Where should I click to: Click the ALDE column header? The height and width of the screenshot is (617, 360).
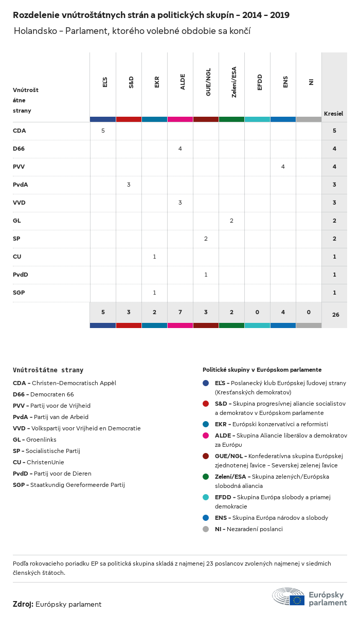tap(183, 82)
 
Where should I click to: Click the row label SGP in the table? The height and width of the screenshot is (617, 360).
tap(19, 293)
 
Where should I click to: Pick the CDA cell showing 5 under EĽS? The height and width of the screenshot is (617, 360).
tap(103, 131)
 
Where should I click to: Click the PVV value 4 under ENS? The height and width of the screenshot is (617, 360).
tap(283, 167)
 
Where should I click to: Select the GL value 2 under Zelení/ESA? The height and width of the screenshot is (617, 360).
tap(231, 221)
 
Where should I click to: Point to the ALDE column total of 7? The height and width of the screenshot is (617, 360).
tap(180, 313)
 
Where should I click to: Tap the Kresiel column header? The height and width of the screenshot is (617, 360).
tap(333, 114)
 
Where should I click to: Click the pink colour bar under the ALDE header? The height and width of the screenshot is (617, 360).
tap(180, 119)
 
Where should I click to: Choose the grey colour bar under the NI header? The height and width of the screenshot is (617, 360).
tap(309, 119)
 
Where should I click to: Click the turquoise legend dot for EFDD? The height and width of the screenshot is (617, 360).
tap(206, 497)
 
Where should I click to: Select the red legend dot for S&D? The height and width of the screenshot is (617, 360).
tap(206, 404)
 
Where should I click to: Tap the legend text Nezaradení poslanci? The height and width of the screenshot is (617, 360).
tap(255, 529)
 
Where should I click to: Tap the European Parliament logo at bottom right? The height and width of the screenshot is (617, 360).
tap(310, 596)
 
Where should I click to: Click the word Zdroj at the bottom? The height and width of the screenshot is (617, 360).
tap(23, 604)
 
